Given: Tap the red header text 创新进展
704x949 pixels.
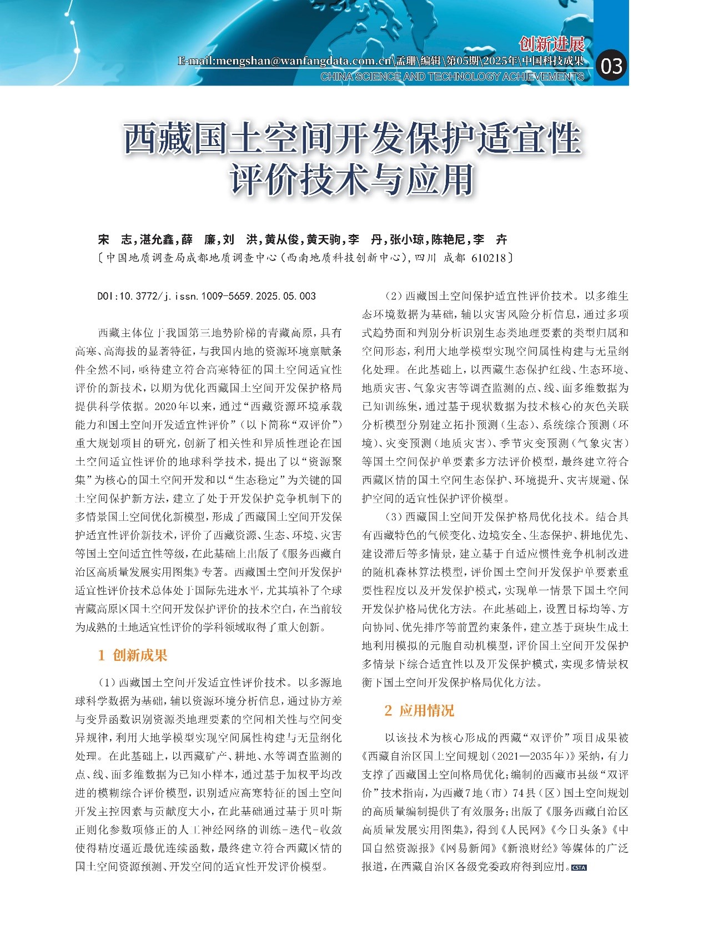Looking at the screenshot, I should (x=551, y=44).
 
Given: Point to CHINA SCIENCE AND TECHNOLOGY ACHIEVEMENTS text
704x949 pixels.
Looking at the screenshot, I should (x=452, y=77).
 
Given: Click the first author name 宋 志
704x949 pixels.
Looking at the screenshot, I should (x=114, y=239).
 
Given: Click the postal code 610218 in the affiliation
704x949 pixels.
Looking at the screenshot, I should (x=488, y=258).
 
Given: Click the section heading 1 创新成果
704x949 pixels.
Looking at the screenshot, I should (x=133, y=655).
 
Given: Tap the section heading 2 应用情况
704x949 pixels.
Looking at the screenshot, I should (x=419, y=710).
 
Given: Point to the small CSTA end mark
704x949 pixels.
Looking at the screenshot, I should (x=579, y=867).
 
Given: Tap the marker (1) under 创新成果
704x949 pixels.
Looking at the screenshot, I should (x=107, y=682).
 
